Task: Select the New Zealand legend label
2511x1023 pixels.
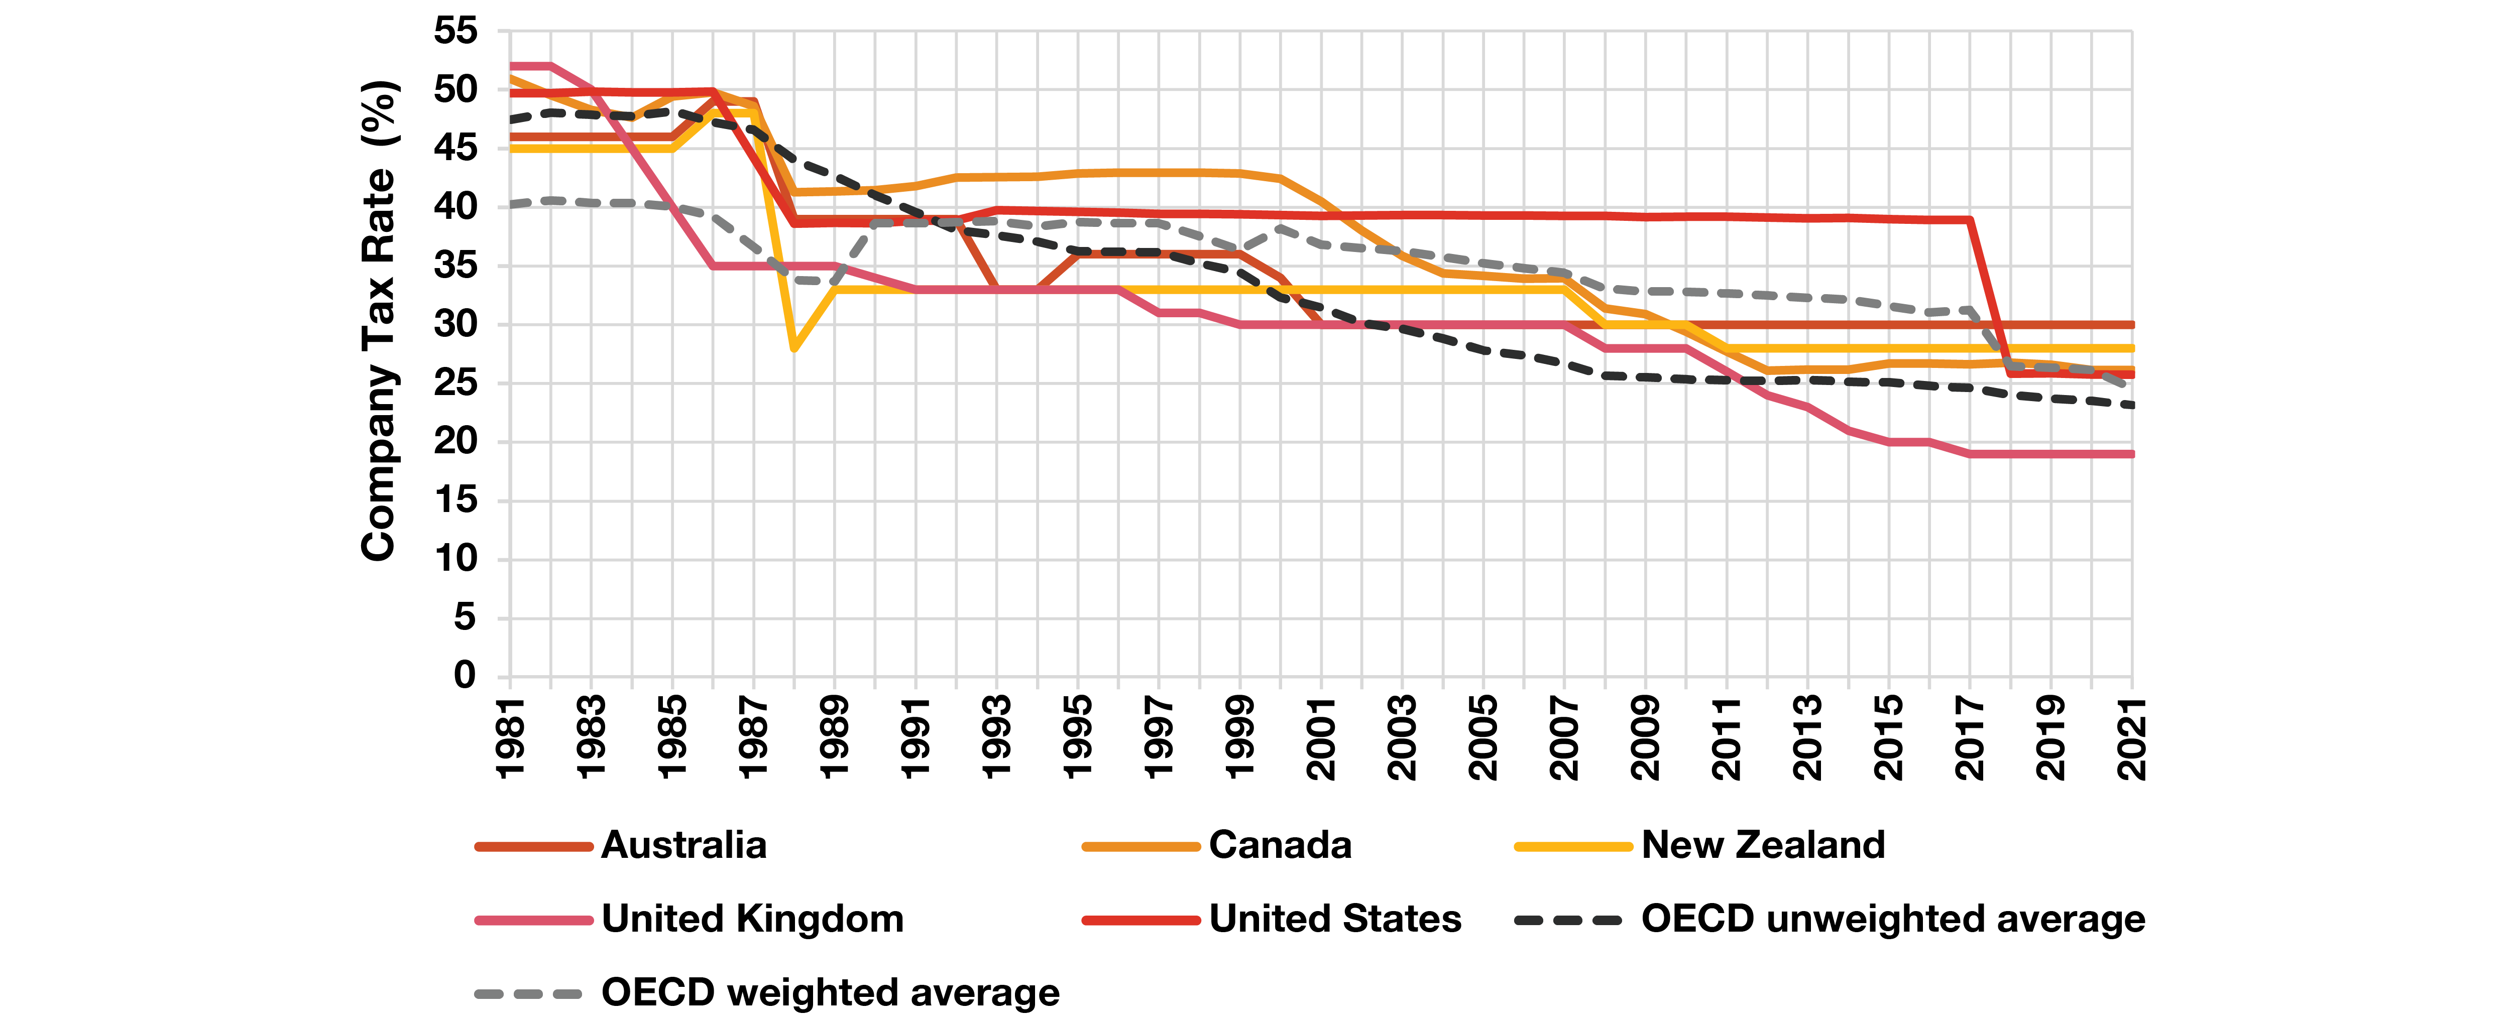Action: pyautogui.click(x=1763, y=845)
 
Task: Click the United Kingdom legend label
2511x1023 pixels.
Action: pyautogui.click(x=752, y=919)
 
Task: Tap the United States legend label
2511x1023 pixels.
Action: pyautogui.click(x=1335, y=919)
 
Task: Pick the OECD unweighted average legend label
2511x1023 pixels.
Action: pyautogui.click(x=1893, y=919)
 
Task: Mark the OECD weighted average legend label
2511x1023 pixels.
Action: pyautogui.click(x=831, y=993)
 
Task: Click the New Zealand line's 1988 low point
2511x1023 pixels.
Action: pyautogui.click(x=794, y=348)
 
